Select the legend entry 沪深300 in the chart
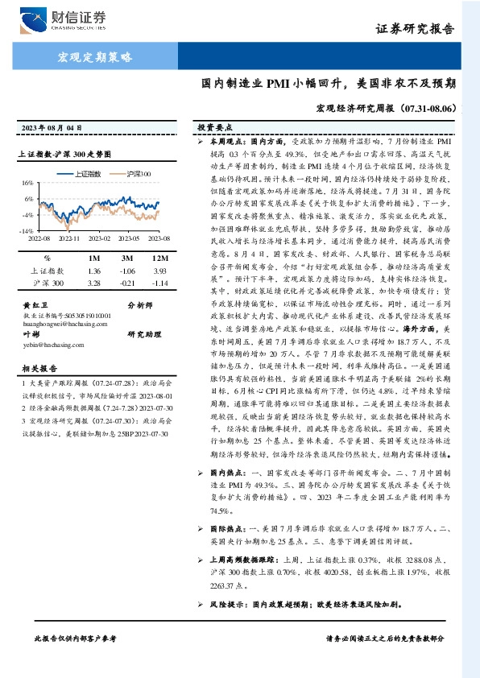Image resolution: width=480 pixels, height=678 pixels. pyautogui.click(x=138, y=173)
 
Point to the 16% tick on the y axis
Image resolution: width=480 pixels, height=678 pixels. pyautogui.click(x=27, y=183)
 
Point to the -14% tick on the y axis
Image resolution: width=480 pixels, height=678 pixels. pyautogui.click(x=27, y=230)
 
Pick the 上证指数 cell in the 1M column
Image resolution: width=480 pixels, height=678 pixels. pyautogui.click(x=93, y=271)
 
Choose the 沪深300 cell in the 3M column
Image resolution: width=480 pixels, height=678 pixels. pyautogui.click(x=127, y=283)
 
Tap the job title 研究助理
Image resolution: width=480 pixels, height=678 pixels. pyautogui.click(x=143, y=333)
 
